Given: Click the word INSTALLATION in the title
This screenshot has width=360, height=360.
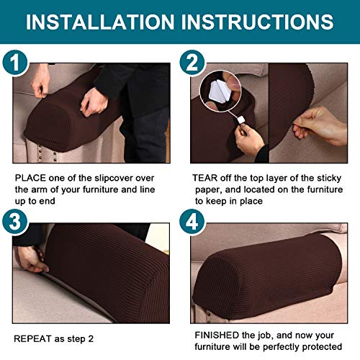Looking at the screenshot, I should coord(105,21).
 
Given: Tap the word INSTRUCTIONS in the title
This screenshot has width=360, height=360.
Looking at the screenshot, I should coord(261,21).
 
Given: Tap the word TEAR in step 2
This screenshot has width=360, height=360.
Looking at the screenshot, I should coord(205,177).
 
